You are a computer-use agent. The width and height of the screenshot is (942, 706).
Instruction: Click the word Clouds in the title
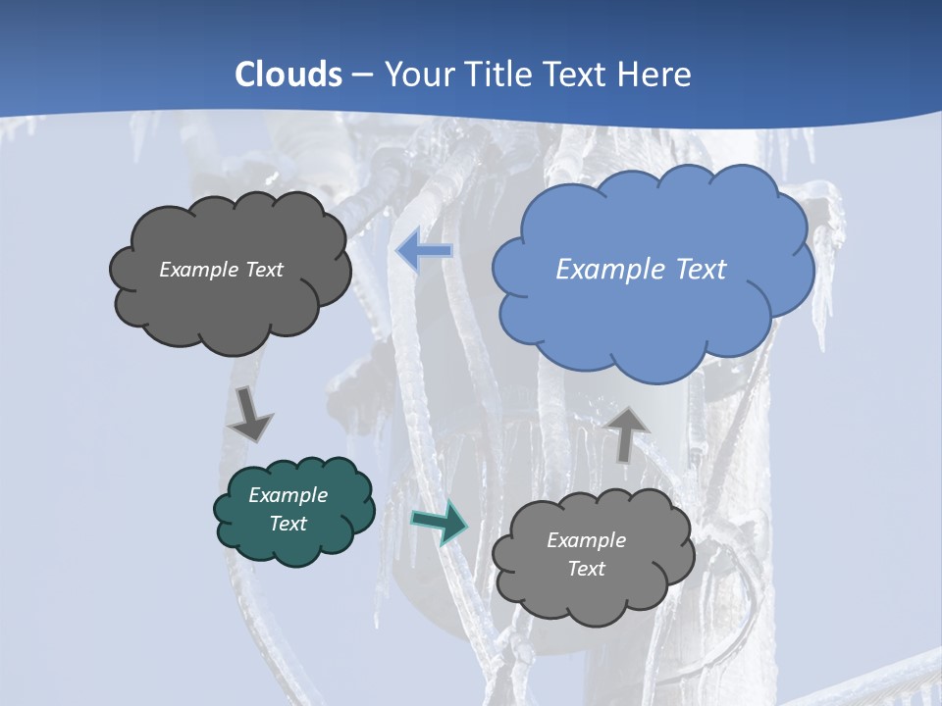(x=288, y=75)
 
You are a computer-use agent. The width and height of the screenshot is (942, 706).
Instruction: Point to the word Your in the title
(x=421, y=75)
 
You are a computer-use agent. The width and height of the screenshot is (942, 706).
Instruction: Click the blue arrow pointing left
(x=424, y=251)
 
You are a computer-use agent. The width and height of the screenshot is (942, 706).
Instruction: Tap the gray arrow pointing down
(x=250, y=415)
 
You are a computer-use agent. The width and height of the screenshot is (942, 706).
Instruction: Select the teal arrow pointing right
(x=439, y=521)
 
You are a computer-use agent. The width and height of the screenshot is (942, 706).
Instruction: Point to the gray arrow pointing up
(x=626, y=431)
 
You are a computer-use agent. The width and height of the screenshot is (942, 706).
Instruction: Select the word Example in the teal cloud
(x=288, y=495)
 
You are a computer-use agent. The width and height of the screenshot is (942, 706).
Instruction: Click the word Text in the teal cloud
(x=288, y=524)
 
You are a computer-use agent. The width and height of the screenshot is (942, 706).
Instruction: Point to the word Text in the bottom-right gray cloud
(x=587, y=569)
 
